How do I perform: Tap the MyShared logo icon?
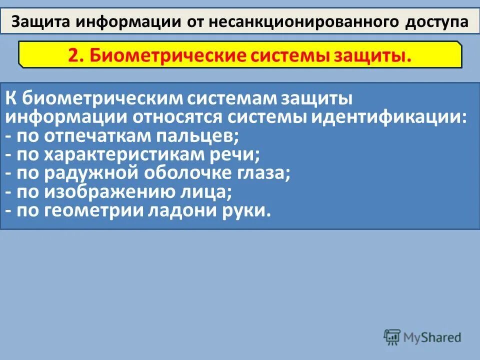(392, 337)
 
